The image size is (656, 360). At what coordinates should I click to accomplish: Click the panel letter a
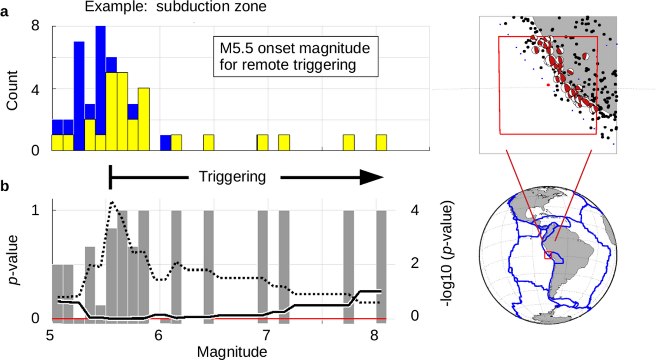[x=4, y=12]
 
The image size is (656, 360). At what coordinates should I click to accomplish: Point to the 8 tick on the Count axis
[x=36, y=26]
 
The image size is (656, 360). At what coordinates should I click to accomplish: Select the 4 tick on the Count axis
[x=36, y=89]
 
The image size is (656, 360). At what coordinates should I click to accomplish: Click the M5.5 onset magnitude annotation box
[x=295, y=56]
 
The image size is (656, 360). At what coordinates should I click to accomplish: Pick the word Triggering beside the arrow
[x=232, y=177]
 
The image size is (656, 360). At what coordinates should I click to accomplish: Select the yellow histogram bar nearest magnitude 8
[x=381, y=143]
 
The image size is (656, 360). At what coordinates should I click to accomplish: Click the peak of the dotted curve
[x=113, y=202]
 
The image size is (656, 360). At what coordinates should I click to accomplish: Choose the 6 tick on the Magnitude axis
[x=159, y=336]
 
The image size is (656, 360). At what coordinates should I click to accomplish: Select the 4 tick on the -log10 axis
[x=415, y=210]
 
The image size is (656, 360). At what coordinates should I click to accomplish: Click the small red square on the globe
[x=548, y=255]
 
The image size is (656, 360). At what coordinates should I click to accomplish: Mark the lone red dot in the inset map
[x=548, y=85]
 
